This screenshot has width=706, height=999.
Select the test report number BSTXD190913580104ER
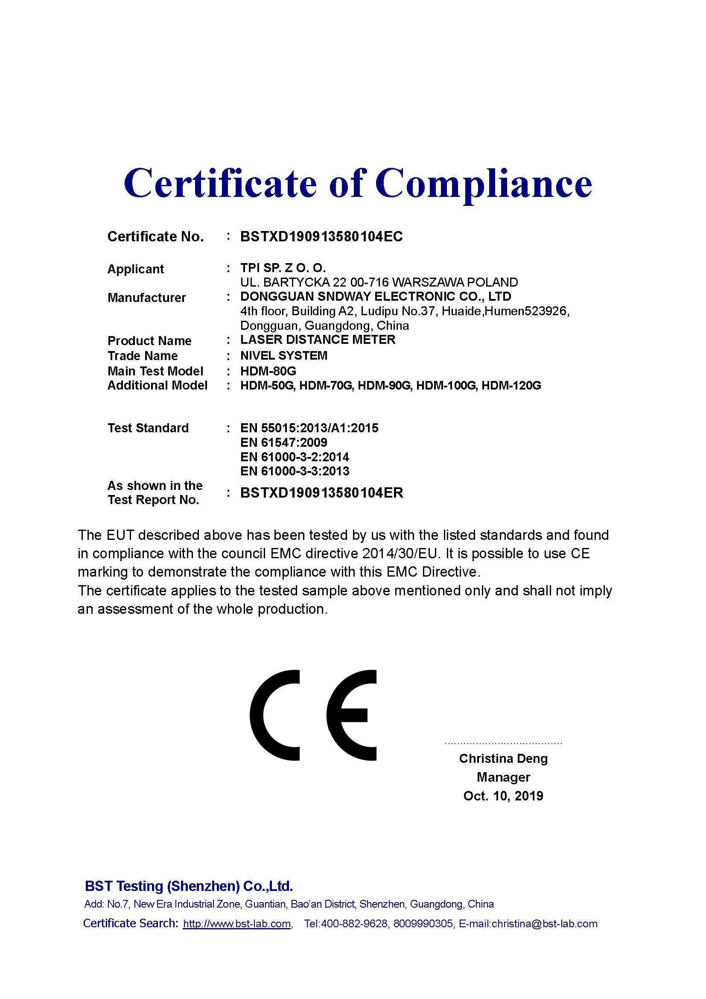[322, 492]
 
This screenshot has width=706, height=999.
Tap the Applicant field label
[135, 269]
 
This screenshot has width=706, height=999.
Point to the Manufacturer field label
[146, 298]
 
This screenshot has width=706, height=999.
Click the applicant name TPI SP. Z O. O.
[283, 268]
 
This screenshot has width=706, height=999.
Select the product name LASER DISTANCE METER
[318, 340]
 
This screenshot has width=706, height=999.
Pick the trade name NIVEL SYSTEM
[283, 355]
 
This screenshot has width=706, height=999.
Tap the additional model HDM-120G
[511, 386]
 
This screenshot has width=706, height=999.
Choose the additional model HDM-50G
[267, 386]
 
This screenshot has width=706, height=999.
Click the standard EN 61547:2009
[283, 442]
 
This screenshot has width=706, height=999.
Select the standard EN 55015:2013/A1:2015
[309, 428]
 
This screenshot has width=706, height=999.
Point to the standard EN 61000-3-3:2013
[295, 471]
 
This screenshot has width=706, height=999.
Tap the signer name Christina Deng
[503, 759]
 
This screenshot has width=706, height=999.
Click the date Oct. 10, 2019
[503, 796]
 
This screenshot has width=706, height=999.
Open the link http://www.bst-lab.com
[237, 924]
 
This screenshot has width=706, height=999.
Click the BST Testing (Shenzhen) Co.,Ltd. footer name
[189, 886]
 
